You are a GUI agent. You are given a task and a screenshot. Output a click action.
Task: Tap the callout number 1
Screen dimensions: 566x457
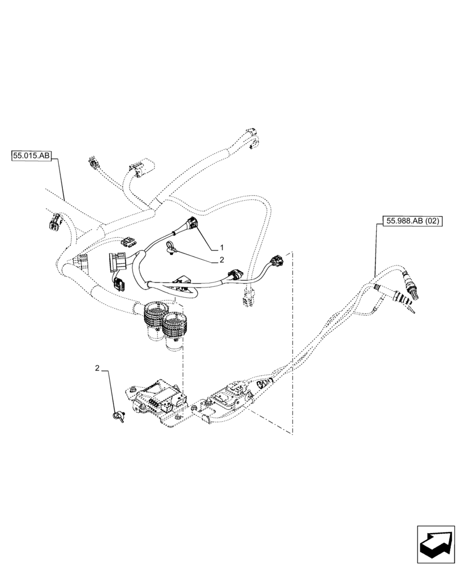222,248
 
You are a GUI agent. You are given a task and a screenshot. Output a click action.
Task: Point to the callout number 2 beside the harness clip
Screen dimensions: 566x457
222,260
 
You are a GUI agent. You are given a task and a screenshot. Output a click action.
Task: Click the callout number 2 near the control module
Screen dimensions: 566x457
98,368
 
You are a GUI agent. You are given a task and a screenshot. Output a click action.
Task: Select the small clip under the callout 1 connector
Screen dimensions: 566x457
170,246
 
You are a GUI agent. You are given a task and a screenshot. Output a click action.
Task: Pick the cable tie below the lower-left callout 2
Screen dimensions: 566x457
119,417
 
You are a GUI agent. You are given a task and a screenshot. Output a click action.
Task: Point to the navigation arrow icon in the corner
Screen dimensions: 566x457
435,544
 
